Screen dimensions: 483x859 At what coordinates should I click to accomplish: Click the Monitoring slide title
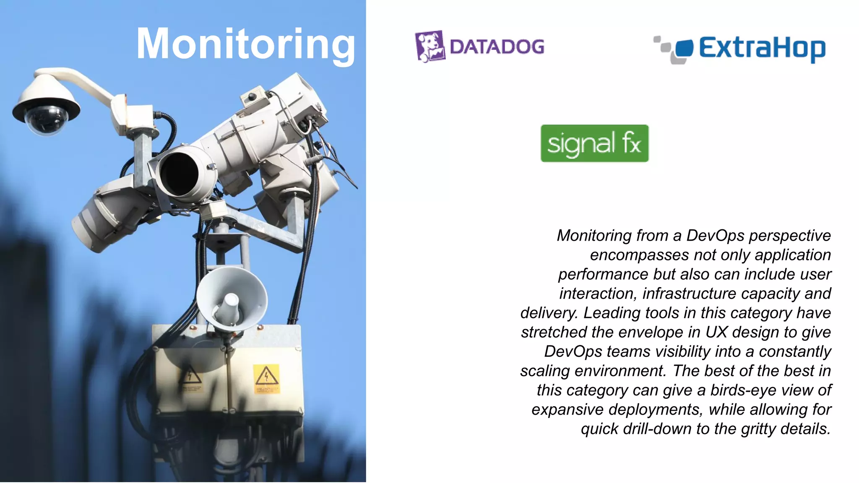[x=246, y=44]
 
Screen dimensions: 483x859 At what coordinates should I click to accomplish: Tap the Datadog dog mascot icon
[x=430, y=46]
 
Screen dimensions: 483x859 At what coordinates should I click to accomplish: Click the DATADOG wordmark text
[x=497, y=47]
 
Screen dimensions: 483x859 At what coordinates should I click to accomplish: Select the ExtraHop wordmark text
[x=762, y=49]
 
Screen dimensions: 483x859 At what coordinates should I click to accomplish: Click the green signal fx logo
[x=594, y=143]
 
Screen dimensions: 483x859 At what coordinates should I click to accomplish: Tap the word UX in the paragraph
[x=716, y=332]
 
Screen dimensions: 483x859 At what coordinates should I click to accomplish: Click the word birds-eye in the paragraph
[x=742, y=390]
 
